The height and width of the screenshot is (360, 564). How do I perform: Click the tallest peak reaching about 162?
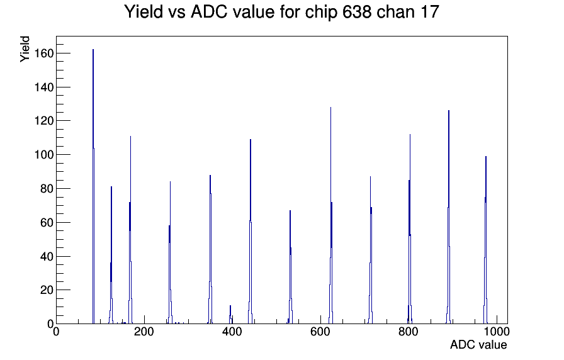tap(93, 187)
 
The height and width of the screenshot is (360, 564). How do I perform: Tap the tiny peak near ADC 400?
tap(230, 315)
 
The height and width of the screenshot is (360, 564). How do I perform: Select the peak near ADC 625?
tap(331, 216)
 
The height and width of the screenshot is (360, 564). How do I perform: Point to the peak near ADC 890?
tap(449, 217)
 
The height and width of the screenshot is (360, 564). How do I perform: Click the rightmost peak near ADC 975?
tap(485, 240)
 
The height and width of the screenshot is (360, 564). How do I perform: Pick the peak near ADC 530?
tap(290, 267)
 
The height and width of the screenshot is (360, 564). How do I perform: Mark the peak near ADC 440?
tap(251, 232)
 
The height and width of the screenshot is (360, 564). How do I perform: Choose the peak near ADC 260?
tap(170, 252)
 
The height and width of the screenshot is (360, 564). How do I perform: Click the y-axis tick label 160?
tap(44, 53)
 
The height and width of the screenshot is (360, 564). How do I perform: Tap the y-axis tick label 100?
tap(44, 155)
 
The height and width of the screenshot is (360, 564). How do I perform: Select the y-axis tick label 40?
tap(47, 256)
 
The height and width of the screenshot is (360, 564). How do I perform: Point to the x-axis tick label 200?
tap(144, 332)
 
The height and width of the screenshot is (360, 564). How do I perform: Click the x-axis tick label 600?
tap(320, 332)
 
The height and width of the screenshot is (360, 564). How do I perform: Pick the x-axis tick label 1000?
tap(497, 332)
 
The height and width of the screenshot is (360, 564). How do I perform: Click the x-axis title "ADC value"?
tap(478, 344)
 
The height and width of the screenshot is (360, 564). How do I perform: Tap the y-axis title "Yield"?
tap(25, 49)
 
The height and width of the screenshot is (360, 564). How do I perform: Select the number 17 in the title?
tap(429, 12)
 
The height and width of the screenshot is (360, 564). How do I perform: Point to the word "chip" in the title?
tap(321, 13)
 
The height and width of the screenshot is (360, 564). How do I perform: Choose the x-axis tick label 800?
tap(409, 332)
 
